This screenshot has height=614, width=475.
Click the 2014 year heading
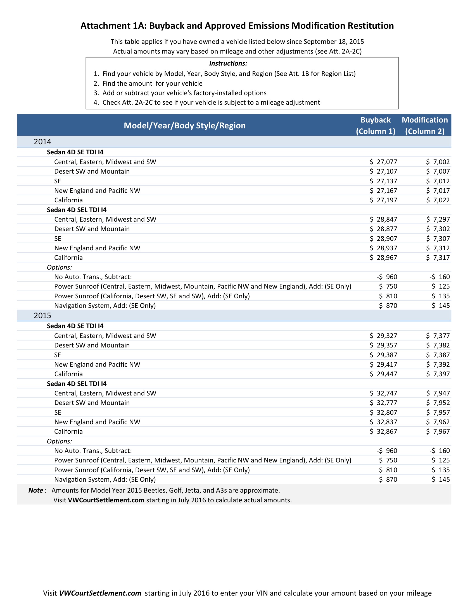[x=42, y=142]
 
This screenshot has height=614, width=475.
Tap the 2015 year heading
[x=42, y=315]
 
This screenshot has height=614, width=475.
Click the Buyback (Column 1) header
[x=376, y=125]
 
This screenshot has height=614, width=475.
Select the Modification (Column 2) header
[x=425, y=125]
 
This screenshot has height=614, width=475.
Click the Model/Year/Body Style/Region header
[x=185, y=125]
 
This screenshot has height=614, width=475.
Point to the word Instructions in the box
[x=228, y=64]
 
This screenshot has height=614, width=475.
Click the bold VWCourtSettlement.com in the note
[x=106, y=500]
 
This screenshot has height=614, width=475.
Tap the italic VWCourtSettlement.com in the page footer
[x=100, y=593]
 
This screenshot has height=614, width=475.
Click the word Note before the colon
[x=35, y=490]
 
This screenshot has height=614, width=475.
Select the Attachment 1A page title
[x=237, y=26]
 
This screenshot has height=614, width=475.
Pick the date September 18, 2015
[x=334, y=42]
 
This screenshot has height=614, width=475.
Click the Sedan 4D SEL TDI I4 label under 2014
[x=77, y=210]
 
